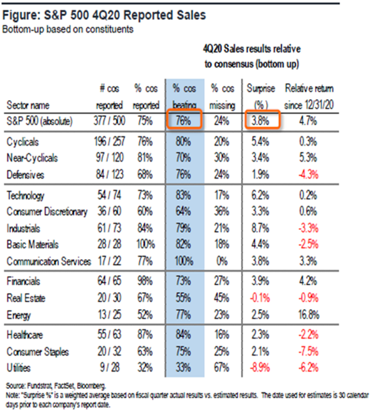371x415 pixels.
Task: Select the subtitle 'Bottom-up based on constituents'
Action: click(x=68, y=30)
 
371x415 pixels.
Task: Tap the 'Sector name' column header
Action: click(x=28, y=105)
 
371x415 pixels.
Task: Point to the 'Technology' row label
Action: click(x=26, y=196)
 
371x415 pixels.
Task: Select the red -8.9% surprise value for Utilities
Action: click(x=261, y=368)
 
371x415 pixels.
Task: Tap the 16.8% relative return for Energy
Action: click(x=309, y=315)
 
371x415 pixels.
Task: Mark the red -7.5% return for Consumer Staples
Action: click(x=309, y=351)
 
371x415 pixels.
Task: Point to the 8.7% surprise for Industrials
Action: click(x=261, y=228)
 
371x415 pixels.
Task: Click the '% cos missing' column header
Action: click(x=222, y=97)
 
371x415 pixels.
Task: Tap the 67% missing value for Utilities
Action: click(x=222, y=368)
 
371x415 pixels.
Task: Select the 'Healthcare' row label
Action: click(x=25, y=335)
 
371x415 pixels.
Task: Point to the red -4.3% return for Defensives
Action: click(x=309, y=174)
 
